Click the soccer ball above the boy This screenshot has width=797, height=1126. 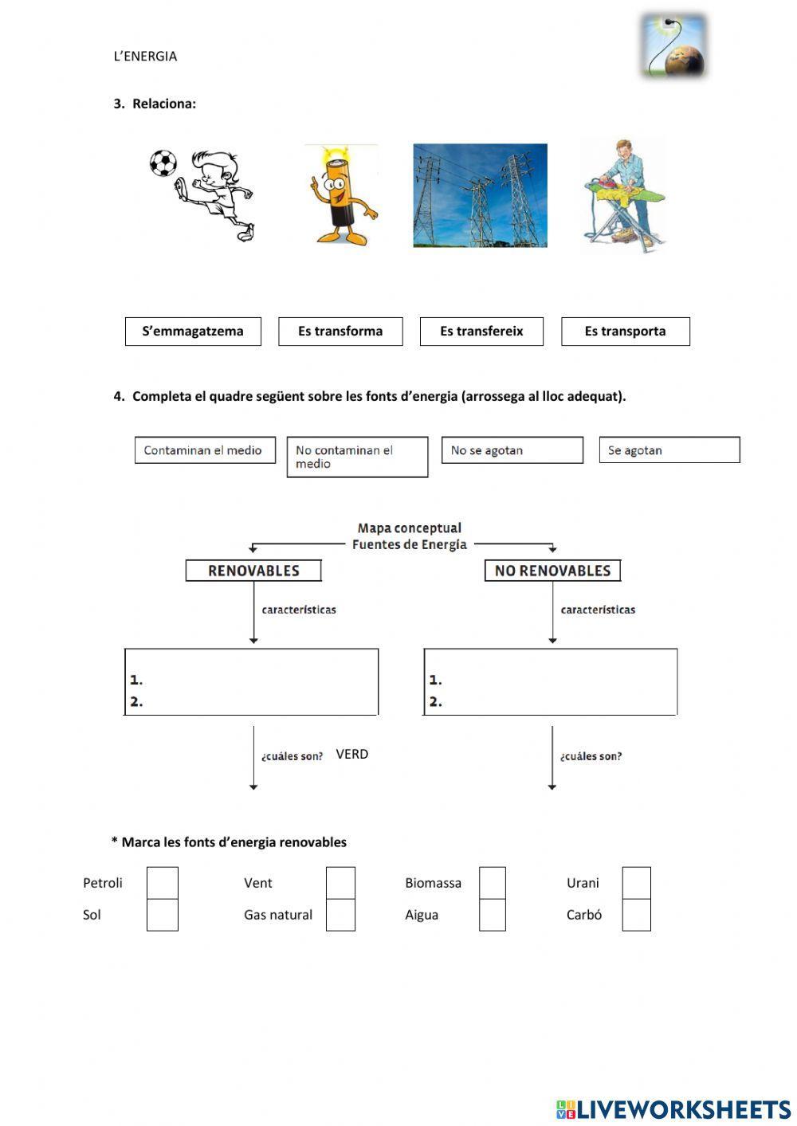163,163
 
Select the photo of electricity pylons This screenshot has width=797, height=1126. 480,195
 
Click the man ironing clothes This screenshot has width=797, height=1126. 626,195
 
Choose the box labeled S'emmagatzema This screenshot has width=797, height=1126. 193,332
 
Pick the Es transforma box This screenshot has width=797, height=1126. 340,332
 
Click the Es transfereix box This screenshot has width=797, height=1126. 481,332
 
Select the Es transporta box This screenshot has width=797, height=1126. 625,332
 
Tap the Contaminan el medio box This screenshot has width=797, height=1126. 205,450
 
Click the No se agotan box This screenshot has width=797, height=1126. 512,450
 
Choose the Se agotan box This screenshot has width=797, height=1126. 669,450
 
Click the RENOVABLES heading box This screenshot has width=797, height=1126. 253,571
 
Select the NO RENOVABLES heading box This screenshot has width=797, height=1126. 552,571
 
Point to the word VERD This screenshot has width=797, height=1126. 352,754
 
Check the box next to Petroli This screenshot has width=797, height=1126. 163,883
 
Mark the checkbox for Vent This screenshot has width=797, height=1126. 340,883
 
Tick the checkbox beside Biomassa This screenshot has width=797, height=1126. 493,883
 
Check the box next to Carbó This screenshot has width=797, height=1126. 636,916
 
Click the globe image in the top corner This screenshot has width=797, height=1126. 673,46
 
